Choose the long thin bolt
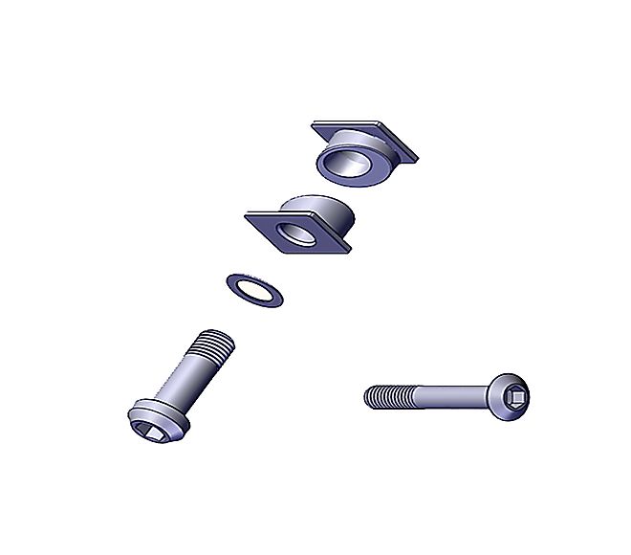(x=449, y=393)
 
